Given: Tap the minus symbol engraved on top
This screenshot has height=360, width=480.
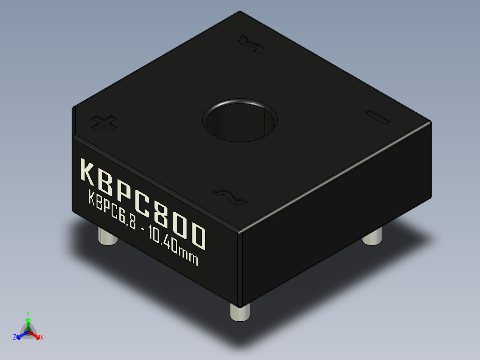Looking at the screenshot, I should [377, 116].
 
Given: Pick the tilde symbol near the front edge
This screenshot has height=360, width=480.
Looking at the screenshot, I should [230, 196].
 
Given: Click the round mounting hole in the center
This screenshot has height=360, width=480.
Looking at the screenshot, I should [240, 120].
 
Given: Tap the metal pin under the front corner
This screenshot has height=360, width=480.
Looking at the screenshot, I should [240, 312].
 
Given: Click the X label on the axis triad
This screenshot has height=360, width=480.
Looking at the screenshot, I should [42, 338].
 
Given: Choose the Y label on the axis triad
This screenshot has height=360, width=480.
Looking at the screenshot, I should [28, 313].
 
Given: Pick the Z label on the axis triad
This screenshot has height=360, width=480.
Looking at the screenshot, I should [15, 338].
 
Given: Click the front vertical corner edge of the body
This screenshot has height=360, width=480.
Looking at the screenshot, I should [241, 267].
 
